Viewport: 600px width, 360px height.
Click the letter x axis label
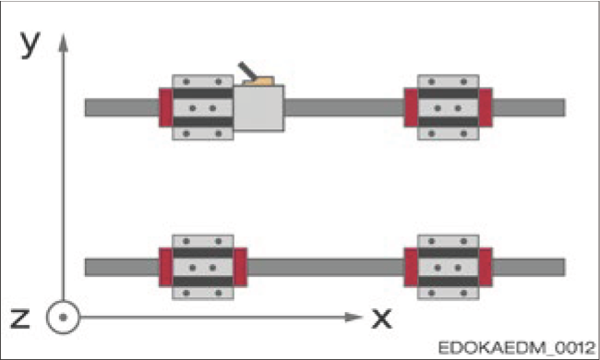click(x=381, y=318)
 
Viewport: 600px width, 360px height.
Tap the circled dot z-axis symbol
click(x=62, y=317)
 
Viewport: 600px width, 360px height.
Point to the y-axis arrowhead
click(x=62, y=39)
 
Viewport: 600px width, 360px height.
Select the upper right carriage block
click(x=449, y=107)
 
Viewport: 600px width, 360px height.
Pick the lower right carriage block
click(x=449, y=267)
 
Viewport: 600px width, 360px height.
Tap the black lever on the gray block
click(x=247, y=71)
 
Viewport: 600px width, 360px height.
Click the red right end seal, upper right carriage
click(x=485, y=107)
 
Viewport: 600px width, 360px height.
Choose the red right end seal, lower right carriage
click(x=485, y=267)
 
